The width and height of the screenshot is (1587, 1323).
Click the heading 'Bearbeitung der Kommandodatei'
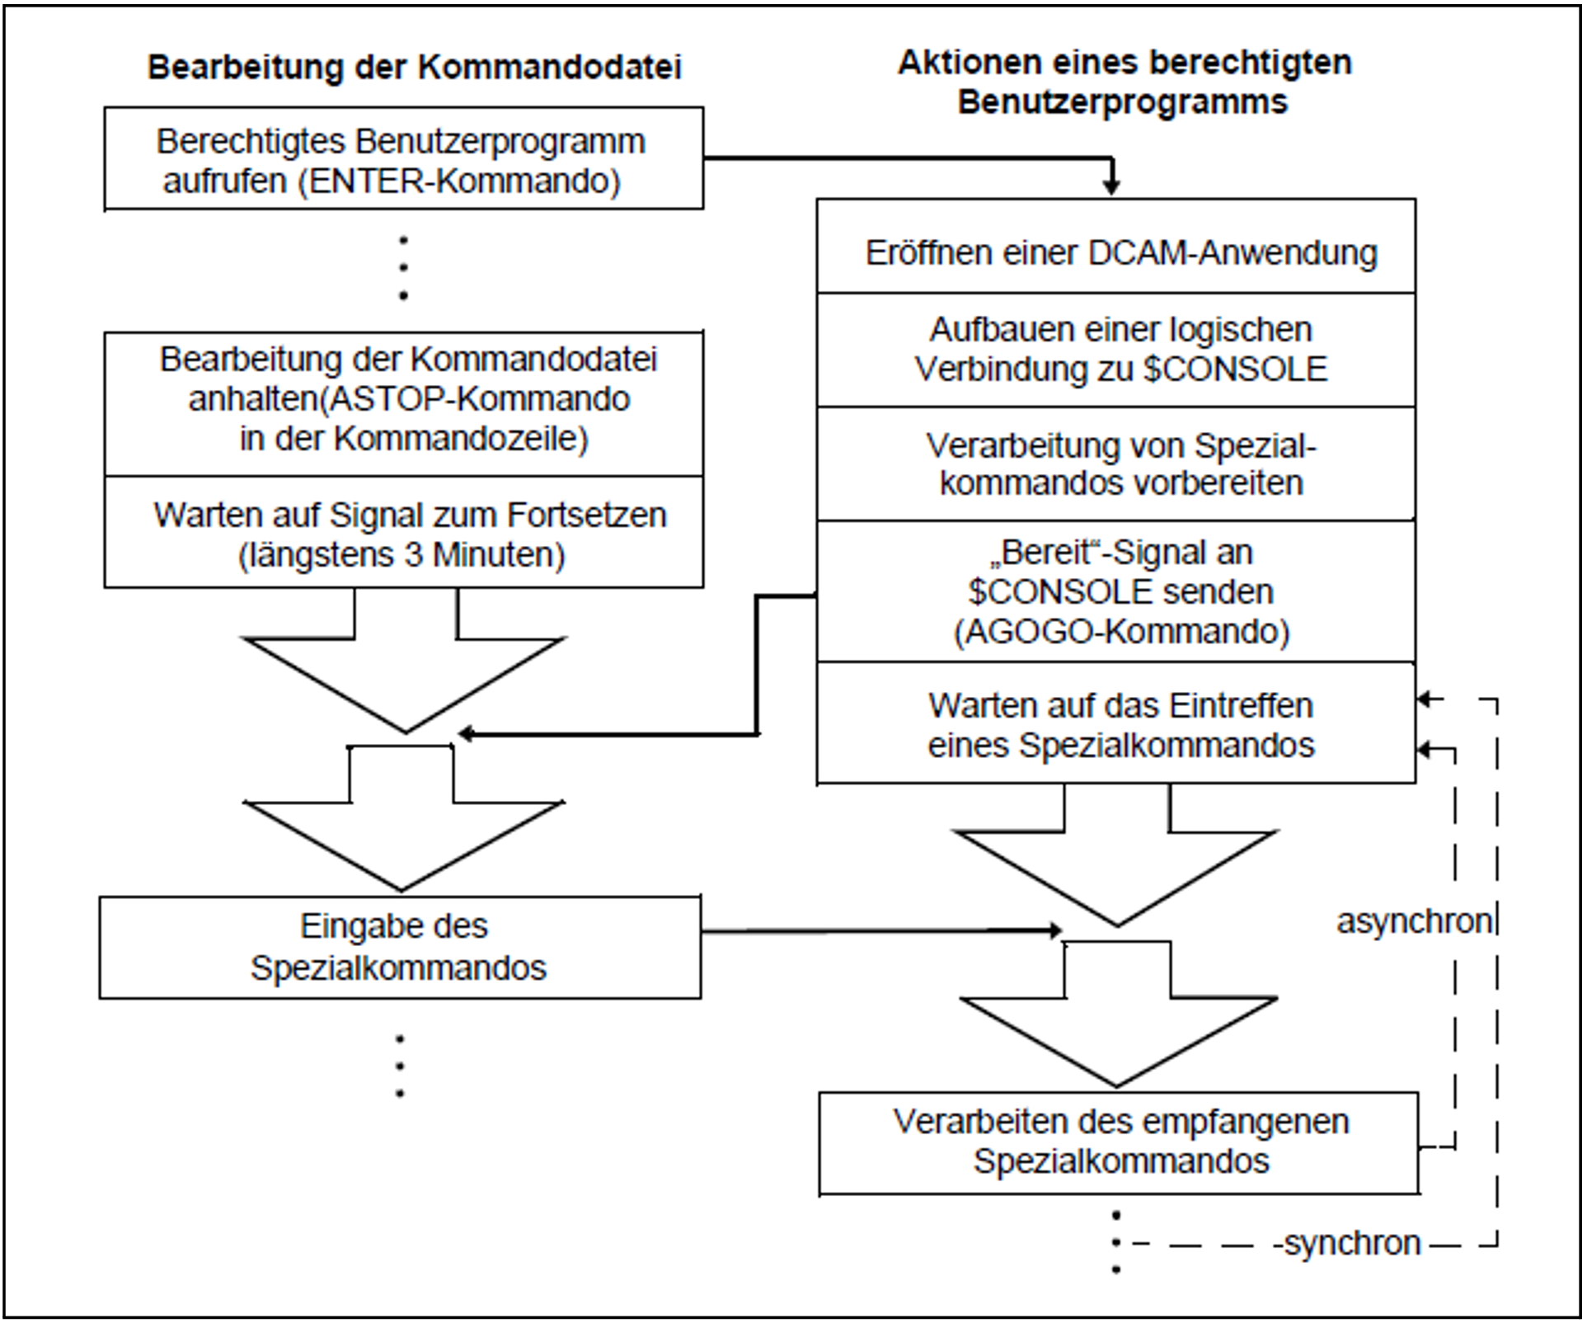click(414, 68)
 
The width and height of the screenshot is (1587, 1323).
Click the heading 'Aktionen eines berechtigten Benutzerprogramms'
click(1124, 82)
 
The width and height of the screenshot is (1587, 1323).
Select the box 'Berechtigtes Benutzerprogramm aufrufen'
click(403, 158)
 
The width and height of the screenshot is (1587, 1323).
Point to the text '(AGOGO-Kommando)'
click(1121, 632)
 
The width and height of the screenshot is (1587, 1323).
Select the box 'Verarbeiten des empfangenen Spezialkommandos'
click(1119, 1142)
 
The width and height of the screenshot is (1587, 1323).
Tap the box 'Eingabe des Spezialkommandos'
click(400, 947)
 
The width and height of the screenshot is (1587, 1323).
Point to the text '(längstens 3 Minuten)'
click(401, 555)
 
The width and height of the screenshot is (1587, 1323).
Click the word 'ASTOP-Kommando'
click(476, 400)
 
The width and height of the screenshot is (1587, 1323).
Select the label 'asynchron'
click(1413, 921)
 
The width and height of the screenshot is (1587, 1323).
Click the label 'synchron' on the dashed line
click(1352, 1243)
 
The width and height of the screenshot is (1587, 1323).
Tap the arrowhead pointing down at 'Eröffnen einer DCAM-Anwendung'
click(1111, 187)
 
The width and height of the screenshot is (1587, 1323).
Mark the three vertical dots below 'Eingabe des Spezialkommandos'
click(400, 1066)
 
